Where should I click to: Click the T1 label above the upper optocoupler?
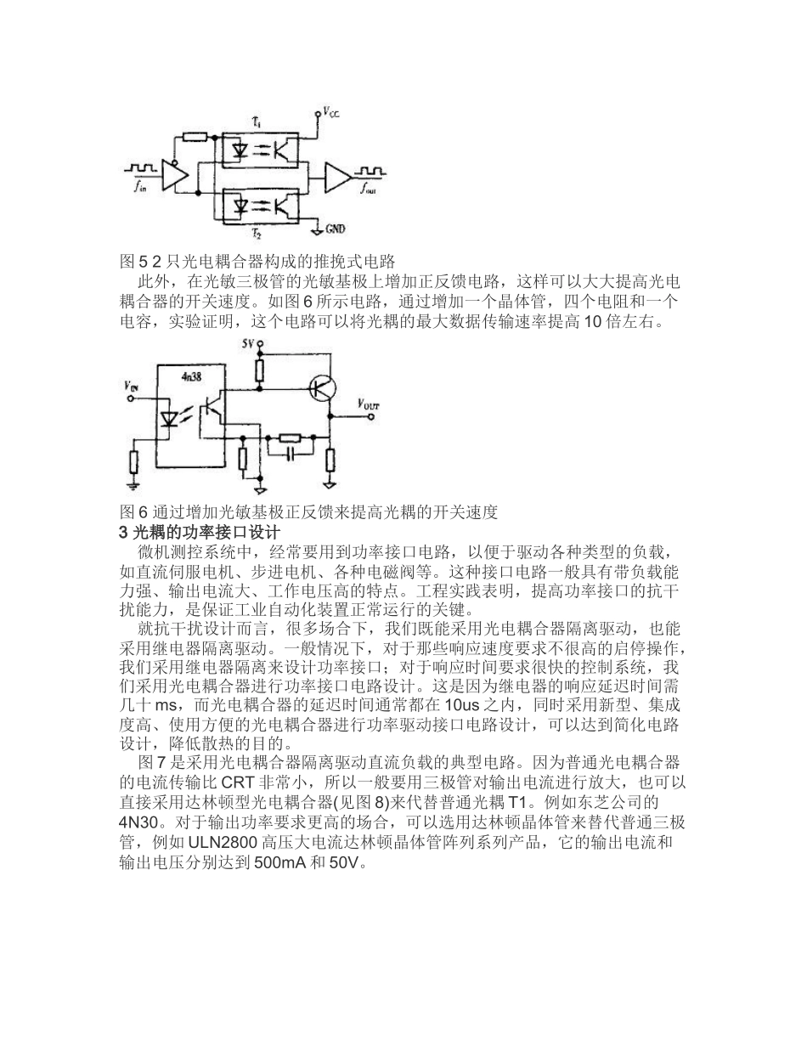click(x=256, y=124)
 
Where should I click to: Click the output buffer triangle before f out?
click(x=338, y=178)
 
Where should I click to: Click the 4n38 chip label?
click(x=191, y=375)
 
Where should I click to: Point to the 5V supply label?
click(x=247, y=343)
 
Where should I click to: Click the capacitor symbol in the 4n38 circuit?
click(x=291, y=455)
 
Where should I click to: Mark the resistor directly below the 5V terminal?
click(x=261, y=370)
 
